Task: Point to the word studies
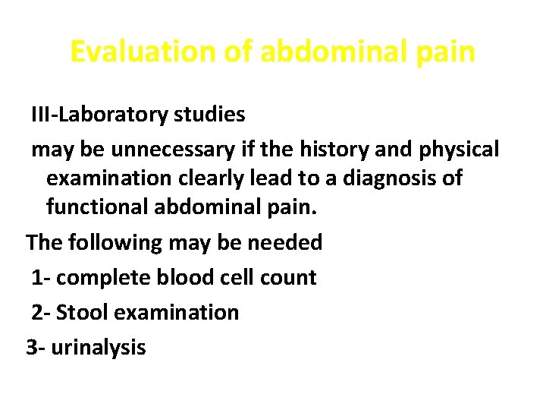coord(210,115)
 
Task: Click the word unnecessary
coord(165,150)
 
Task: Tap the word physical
coord(459,150)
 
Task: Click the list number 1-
coord(41,277)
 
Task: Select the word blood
coord(178,277)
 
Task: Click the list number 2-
coord(41,312)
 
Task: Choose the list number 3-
coord(35,348)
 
